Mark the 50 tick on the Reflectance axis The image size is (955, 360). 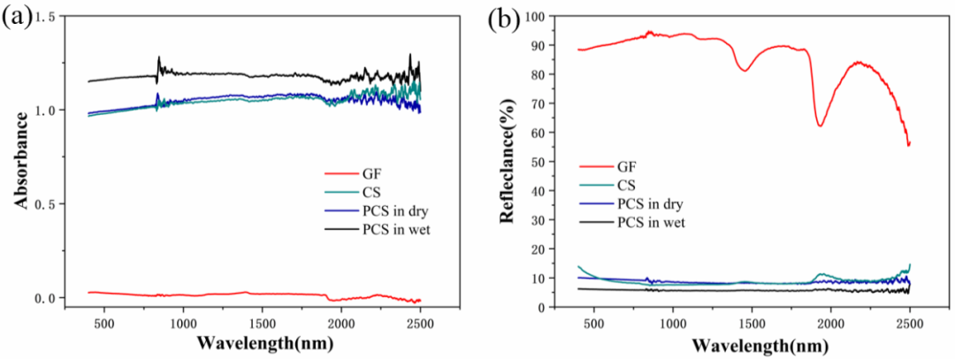click(550, 161)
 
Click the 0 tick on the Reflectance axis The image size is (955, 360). click(554, 307)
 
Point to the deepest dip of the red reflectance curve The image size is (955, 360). click(820, 126)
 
